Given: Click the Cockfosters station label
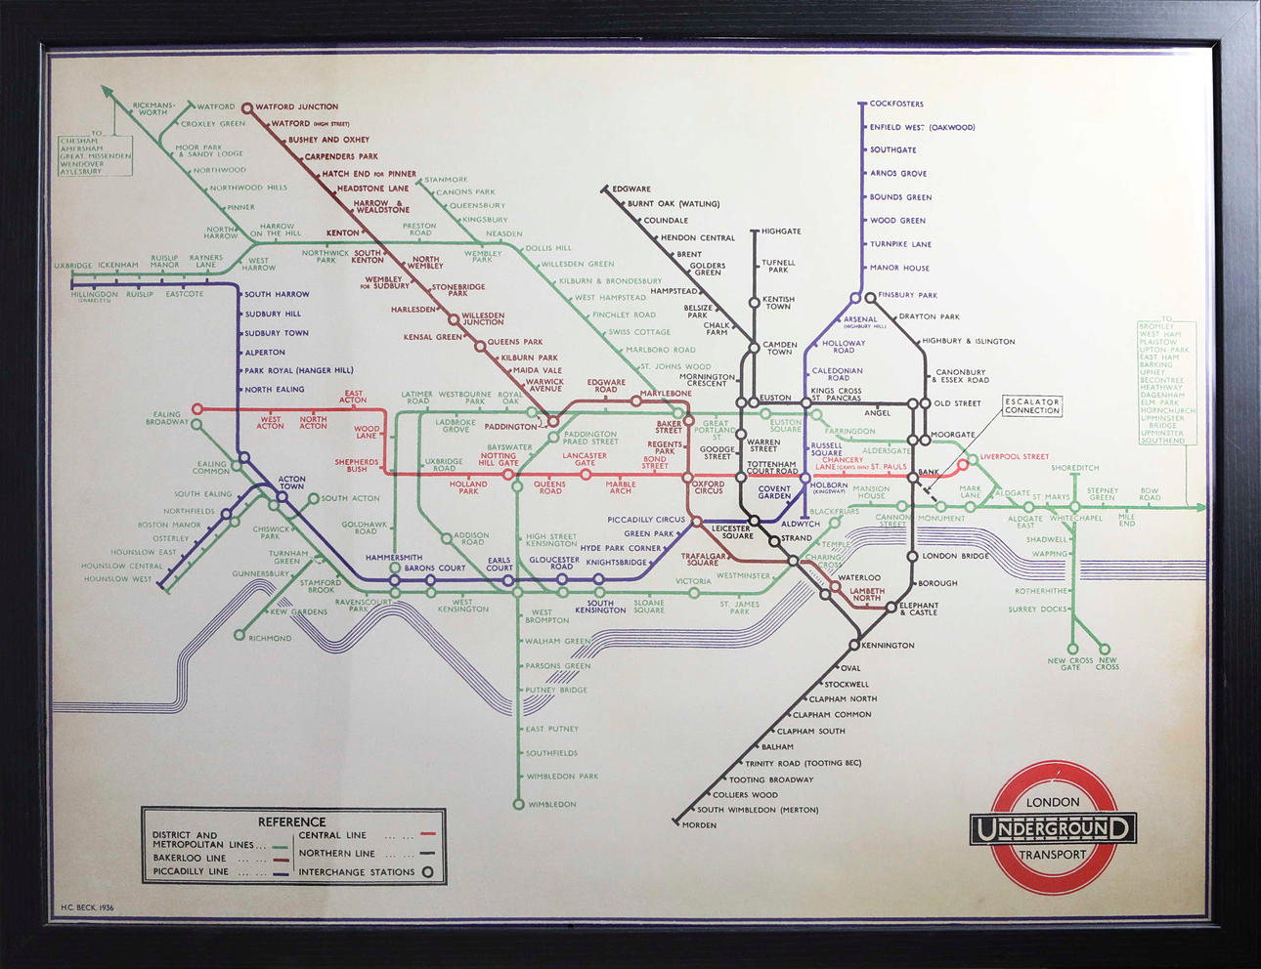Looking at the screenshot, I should (x=895, y=104).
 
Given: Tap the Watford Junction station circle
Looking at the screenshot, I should (x=247, y=108).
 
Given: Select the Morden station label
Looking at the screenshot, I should (x=699, y=825).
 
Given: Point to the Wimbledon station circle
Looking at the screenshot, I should (x=519, y=805).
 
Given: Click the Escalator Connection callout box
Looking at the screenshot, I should (x=1032, y=406).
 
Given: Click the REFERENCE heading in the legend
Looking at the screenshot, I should (x=291, y=822).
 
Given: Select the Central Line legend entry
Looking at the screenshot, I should (x=332, y=835).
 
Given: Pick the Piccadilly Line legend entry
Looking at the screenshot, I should (x=191, y=871).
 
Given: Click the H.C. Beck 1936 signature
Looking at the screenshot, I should (x=87, y=907).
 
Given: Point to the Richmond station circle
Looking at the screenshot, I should (x=239, y=636).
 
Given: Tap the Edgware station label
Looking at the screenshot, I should (x=630, y=190).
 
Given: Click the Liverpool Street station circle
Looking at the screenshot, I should (x=963, y=464).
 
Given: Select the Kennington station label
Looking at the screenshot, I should (x=889, y=646).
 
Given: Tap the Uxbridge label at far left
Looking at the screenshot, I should (x=72, y=266).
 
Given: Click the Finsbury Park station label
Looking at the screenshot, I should (x=907, y=295).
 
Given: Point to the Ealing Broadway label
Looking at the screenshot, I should (x=167, y=418).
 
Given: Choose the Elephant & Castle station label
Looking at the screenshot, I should (x=919, y=609).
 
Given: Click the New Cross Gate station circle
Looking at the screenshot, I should (x=1072, y=649).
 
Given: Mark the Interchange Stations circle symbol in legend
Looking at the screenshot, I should (x=427, y=872).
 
